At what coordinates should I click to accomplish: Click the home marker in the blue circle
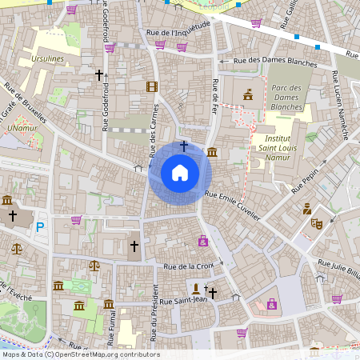click(x=180, y=172)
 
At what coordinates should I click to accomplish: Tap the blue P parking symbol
click(x=39, y=227)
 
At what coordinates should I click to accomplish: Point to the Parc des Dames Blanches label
click(x=286, y=97)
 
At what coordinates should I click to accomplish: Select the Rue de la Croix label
click(x=189, y=266)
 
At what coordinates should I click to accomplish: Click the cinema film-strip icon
click(x=152, y=86)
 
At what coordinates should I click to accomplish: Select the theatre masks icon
click(x=316, y=224)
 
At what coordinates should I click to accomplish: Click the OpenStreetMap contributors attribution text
click(x=80, y=354)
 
